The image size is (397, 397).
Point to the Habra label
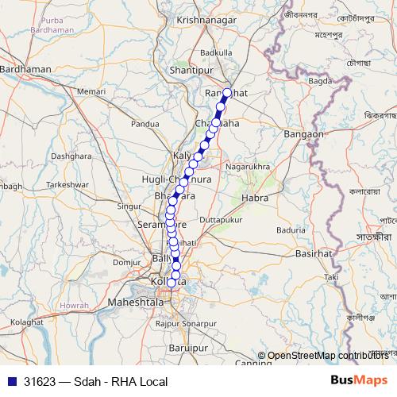pos(256,196)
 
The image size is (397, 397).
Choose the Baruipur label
pos(188,348)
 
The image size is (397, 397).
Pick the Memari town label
pos(91,92)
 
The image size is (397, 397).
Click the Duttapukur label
pos(220,217)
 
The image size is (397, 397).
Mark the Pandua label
pos(145,124)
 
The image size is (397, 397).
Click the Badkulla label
pos(217,52)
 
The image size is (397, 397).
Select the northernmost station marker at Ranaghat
pos(227,93)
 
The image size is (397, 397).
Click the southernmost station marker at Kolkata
pos(172,283)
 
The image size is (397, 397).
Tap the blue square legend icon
pos(11,382)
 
